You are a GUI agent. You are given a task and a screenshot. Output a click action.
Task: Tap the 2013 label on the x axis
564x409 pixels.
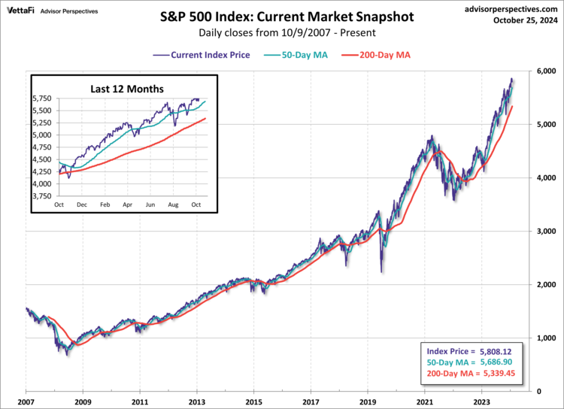(x=197, y=401)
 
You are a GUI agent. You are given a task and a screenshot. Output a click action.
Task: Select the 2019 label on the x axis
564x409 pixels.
(x=368, y=401)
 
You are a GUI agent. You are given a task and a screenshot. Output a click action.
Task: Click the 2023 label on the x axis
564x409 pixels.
(x=481, y=401)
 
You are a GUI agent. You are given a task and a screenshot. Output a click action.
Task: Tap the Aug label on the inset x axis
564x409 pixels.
(x=174, y=204)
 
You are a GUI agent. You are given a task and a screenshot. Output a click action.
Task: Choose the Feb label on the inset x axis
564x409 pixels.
(x=105, y=204)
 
